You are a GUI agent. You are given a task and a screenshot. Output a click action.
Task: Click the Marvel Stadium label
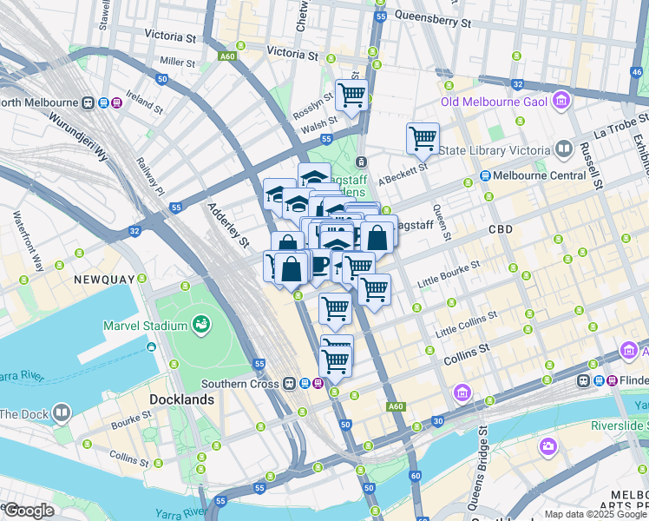(145, 326)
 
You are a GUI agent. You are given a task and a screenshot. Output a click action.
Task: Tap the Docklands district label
(181, 399)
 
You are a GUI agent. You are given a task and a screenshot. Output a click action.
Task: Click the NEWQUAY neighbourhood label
(103, 280)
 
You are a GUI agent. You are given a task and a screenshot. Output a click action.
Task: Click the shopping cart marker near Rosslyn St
(351, 95)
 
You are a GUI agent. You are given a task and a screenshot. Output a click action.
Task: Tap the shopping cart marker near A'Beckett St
(423, 137)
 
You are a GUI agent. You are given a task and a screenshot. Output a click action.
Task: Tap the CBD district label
(500, 230)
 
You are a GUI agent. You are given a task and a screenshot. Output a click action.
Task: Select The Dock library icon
(62, 412)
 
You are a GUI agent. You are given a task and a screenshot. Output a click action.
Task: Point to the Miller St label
(178, 62)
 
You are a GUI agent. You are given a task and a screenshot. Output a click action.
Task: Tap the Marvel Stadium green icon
(202, 325)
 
